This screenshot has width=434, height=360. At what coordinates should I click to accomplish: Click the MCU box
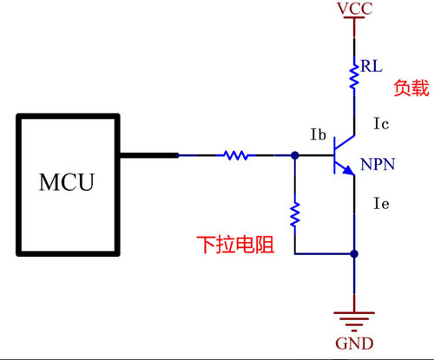66,183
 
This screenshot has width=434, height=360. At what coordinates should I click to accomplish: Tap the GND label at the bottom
354,344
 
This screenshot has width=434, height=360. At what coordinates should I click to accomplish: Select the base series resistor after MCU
235,156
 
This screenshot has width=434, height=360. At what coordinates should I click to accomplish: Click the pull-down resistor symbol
295,213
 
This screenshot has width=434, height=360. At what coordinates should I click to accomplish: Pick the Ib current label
319,134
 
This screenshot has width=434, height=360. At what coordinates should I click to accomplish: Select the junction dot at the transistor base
295,156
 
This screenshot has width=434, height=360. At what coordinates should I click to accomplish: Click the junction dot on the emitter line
354,254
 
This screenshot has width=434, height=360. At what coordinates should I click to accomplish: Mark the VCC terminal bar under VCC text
354,19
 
